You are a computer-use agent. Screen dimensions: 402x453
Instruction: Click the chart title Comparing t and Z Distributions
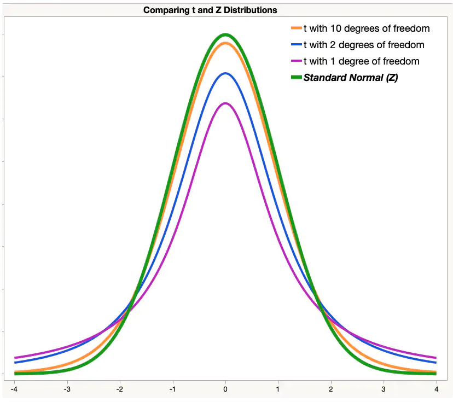(x=210, y=10)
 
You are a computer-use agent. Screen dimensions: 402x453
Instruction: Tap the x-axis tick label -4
(x=14, y=389)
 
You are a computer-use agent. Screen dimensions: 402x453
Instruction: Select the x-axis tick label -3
(x=66, y=389)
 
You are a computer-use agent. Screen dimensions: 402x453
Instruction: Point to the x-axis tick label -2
(x=119, y=389)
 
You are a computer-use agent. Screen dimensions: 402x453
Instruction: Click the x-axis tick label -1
(x=172, y=389)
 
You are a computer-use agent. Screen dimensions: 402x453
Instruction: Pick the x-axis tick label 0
(x=225, y=389)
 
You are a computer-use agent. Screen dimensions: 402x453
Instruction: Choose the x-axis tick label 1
(x=278, y=389)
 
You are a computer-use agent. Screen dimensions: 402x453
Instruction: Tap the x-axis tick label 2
(x=331, y=389)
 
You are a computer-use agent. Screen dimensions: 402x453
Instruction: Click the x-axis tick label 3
(x=384, y=389)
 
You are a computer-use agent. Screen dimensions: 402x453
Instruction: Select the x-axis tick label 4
(x=437, y=389)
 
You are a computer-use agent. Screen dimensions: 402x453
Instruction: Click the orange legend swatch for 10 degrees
(x=297, y=28)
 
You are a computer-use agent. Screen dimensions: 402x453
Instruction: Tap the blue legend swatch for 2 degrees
(x=297, y=45)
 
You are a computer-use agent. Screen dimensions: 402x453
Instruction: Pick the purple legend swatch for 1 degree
(x=297, y=61)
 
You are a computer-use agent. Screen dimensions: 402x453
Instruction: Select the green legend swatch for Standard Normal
(x=297, y=78)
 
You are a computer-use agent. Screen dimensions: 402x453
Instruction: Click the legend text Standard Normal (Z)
(x=351, y=78)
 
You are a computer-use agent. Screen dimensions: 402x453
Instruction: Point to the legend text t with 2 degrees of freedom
(x=364, y=45)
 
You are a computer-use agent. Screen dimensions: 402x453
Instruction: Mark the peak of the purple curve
(x=225, y=103)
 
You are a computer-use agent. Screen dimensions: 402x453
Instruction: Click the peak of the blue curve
(x=225, y=73)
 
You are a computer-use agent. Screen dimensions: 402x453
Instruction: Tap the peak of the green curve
(x=225, y=35)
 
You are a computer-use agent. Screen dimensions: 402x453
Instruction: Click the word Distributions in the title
(x=249, y=10)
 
